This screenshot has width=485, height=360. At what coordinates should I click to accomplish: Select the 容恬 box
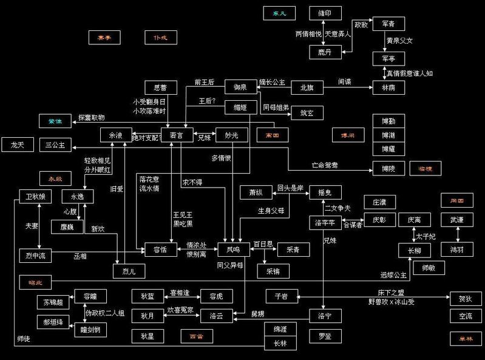click(x=160, y=250)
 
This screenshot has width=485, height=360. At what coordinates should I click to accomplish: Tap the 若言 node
click(x=176, y=136)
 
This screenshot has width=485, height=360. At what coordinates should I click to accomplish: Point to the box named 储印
click(x=325, y=14)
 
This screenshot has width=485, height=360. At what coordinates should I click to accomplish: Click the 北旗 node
click(x=307, y=87)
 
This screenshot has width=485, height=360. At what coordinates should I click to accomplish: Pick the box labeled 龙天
click(x=17, y=145)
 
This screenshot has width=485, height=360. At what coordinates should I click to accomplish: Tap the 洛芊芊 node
click(x=325, y=222)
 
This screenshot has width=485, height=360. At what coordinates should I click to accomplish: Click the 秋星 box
click(x=148, y=335)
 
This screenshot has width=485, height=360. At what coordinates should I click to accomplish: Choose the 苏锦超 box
click(x=52, y=302)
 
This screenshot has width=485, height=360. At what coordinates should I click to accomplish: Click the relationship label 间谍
click(x=345, y=81)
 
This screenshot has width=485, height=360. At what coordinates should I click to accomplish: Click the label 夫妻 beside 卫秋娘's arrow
click(x=32, y=225)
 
